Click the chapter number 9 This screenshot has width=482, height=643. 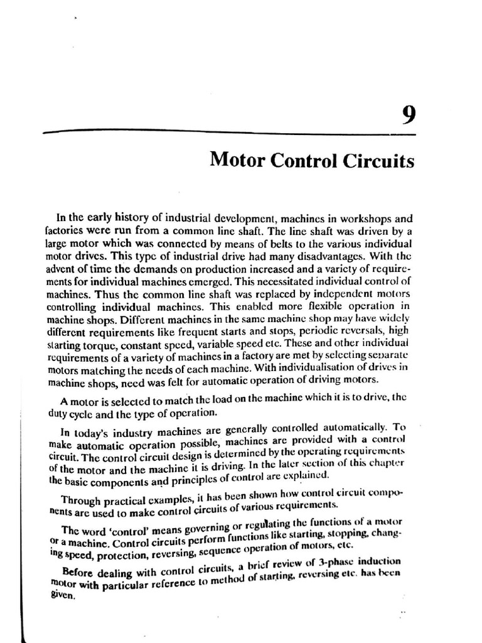click(407, 117)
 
